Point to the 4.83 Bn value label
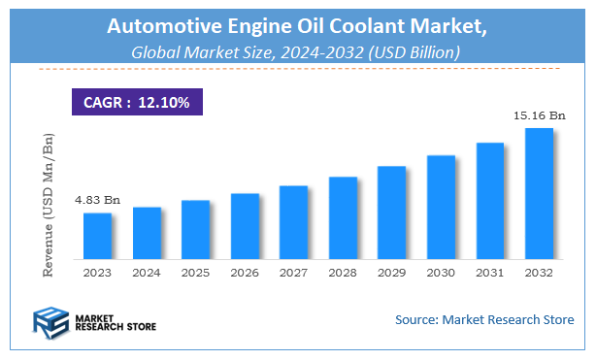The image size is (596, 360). (97, 200)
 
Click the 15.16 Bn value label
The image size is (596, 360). (539, 115)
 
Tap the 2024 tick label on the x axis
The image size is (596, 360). (147, 273)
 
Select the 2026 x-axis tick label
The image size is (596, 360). (245, 273)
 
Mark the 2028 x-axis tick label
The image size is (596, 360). (343, 273)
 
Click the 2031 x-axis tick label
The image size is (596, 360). (489, 273)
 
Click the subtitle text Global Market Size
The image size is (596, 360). (199, 53)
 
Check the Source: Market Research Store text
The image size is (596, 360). (483, 319)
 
